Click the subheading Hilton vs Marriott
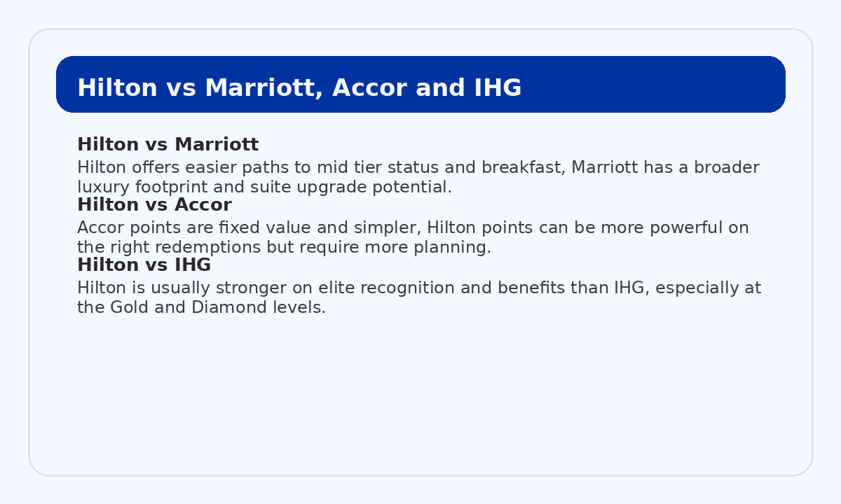pyautogui.click(x=167, y=145)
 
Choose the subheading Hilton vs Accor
pyautogui.click(x=154, y=205)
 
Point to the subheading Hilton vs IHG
pyautogui.click(x=144, y=265)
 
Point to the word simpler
pyautogui.click(x=387, y=228)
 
